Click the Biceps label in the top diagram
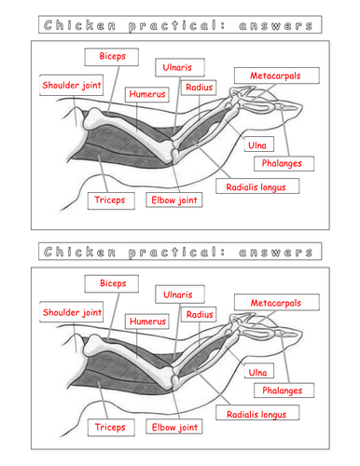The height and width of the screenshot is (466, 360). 111,58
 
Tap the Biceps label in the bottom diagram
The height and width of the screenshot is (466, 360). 111,283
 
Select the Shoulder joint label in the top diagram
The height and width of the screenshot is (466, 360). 71,86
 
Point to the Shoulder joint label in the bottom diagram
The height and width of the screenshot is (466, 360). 71,313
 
